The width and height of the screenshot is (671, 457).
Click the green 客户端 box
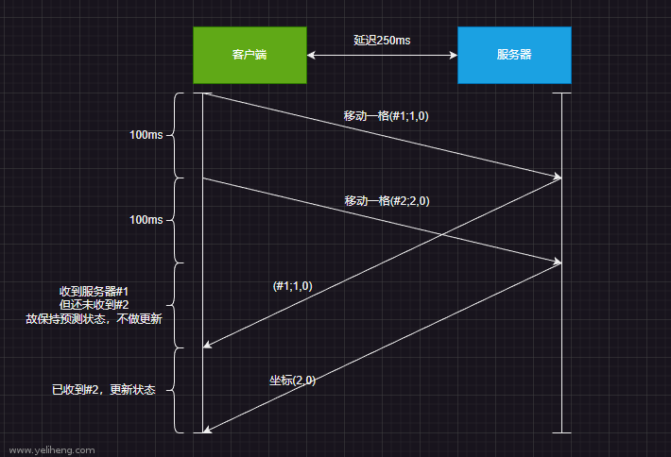coord(249,55)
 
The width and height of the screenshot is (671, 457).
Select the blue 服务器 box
coord(514,55)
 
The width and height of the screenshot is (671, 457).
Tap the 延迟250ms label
coord(382,40)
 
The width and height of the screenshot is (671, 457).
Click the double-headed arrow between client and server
coord(382,56)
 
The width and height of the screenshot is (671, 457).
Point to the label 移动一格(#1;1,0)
coord(387,116)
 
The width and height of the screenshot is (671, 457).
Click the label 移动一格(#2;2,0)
coord(387,200)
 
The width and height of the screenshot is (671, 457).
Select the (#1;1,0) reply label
coord(292,285)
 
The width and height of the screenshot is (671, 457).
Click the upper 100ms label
coord(146,135)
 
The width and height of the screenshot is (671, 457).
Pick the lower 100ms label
coord(146,220)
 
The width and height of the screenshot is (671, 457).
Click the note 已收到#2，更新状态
coord(104,389)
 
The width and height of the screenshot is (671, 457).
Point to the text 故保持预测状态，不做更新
coord(94,319)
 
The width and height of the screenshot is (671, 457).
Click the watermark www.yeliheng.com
coord(51,450)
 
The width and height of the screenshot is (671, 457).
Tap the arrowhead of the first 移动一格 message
coord(558,177)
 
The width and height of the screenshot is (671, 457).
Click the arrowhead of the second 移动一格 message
coord(558,261)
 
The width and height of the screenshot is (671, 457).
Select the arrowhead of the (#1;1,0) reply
coord(207,346)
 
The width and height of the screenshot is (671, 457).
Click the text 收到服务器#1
coord(94,290)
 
